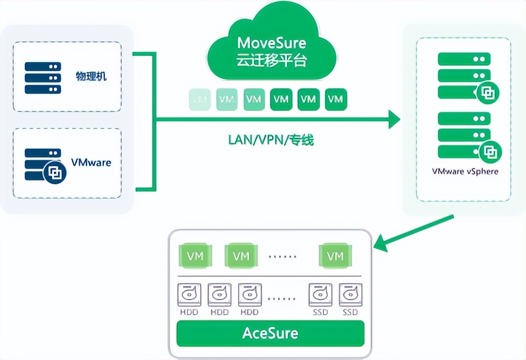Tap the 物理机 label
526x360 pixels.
[90, 77]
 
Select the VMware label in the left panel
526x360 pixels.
[91, 162]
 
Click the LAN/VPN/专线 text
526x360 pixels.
[271, 140]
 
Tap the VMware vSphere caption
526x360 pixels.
[465, 172]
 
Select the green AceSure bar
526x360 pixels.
[270, 334]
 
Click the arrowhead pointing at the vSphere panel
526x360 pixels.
[393, 120]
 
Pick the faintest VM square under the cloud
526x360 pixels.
[200, 99]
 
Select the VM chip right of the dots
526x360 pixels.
[335, 256]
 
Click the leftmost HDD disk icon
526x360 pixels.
[189, 294]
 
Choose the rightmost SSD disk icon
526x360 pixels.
[350, 294]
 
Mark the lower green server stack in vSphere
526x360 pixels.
[464, 136]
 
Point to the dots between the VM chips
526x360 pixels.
[283, 256]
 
